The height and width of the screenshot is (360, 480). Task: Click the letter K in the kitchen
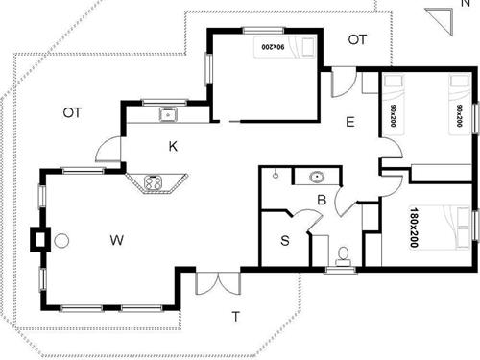[x=173, y=147]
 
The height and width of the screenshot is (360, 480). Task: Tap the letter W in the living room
[x=117, y=238]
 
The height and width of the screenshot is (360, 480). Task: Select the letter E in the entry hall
[x=350, y=123]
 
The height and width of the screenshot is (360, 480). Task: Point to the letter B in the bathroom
[x=323, y=200]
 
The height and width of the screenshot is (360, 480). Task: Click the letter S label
[x=285, y=241]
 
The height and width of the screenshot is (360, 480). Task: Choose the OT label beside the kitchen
[x=72, y=112]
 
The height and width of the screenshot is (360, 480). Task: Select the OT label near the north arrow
[x=357, y=39]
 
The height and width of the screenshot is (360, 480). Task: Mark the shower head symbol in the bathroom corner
[x=276, y=175]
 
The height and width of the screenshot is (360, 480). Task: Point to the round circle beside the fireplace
[x=61, y=240]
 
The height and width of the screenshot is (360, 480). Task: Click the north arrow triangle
[x=440, y=19]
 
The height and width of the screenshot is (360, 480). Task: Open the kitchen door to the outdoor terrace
[x=108, y=151]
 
